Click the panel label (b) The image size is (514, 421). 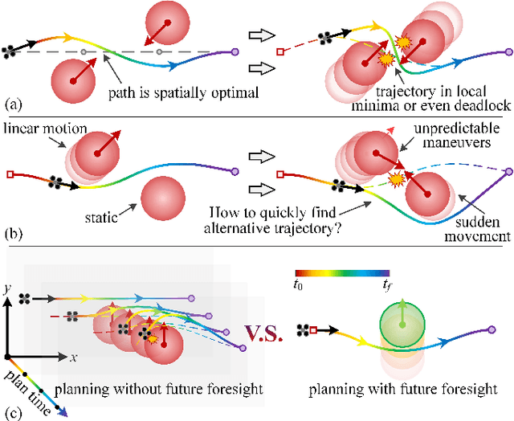tap(11, 238)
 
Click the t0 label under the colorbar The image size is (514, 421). tap(299, 284)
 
